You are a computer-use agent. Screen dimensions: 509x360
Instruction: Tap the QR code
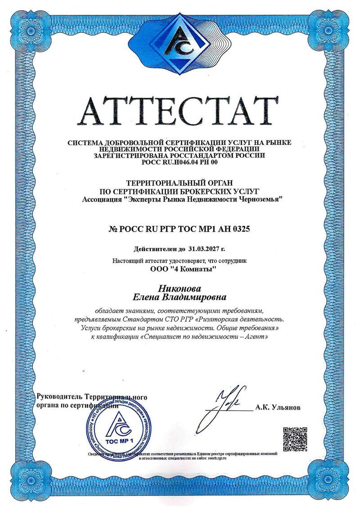(295, 438)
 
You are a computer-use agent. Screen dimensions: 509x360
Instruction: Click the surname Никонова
(180, 288)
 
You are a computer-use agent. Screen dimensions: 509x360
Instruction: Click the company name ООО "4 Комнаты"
(180, 270)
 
